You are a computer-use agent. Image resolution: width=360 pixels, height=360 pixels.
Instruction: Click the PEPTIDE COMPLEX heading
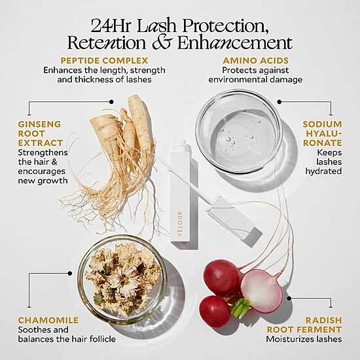[x=104, y=61]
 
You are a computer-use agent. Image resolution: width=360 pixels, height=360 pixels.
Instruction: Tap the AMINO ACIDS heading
[x=255, y=61]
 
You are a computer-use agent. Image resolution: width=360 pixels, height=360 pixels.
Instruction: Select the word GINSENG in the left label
[x=39, y=124]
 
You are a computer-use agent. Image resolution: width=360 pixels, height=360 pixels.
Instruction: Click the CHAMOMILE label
[x=48, y=320]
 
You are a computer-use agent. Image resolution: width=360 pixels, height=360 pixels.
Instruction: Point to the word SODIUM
[x=322, y=124]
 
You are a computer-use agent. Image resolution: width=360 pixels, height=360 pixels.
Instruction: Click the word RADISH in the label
[x=323, y=320]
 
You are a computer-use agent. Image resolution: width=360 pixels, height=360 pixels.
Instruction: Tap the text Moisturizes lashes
[x=304, y=339]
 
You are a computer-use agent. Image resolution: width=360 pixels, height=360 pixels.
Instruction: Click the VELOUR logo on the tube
[x=180, y=224]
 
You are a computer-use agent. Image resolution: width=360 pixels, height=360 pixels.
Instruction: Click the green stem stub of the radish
[x=240, y=308]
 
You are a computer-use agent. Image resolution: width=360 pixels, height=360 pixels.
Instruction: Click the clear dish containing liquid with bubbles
[x=239, y=132]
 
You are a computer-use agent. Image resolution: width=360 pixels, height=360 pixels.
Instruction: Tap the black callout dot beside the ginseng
[x=111, y=101]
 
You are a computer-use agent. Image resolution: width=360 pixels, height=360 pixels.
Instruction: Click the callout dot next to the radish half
[x=289, y=298]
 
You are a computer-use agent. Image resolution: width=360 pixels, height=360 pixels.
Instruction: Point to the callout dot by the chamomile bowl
[x=70, y=274]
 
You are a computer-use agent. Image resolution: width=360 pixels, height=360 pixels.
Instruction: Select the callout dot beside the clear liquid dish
[x=279, y=101]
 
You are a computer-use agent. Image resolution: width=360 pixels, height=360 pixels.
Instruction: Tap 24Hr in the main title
[x=111, y=26]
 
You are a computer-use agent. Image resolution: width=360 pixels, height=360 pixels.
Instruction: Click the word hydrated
[x=323, y=171]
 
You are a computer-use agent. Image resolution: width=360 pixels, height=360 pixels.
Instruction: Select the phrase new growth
[x=43, y=181]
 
